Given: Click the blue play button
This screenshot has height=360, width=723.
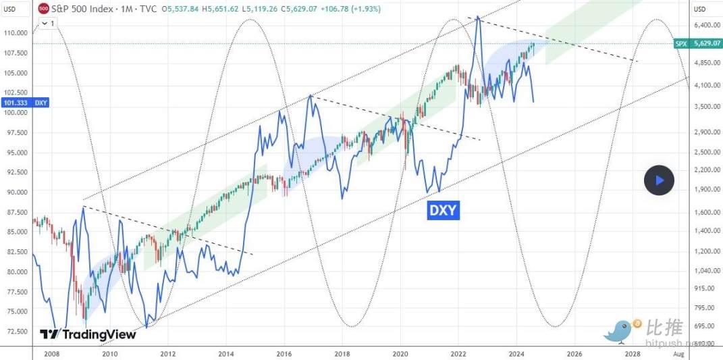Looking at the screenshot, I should (x=659, y=180).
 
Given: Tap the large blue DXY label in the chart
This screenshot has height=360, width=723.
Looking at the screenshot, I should (x=444, y=211).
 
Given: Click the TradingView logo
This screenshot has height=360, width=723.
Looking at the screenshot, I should (x=79, y=334).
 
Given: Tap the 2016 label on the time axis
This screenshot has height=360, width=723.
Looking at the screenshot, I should (x=284, y=353).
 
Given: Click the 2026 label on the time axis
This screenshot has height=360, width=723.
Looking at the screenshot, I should (x=574, y=353).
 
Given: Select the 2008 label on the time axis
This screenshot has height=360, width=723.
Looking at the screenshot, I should (x=51, y=353).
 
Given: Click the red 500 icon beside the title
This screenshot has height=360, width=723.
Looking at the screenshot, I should (x=44, y=9).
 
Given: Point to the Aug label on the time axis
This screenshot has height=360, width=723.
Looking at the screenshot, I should (x=679, y=353).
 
